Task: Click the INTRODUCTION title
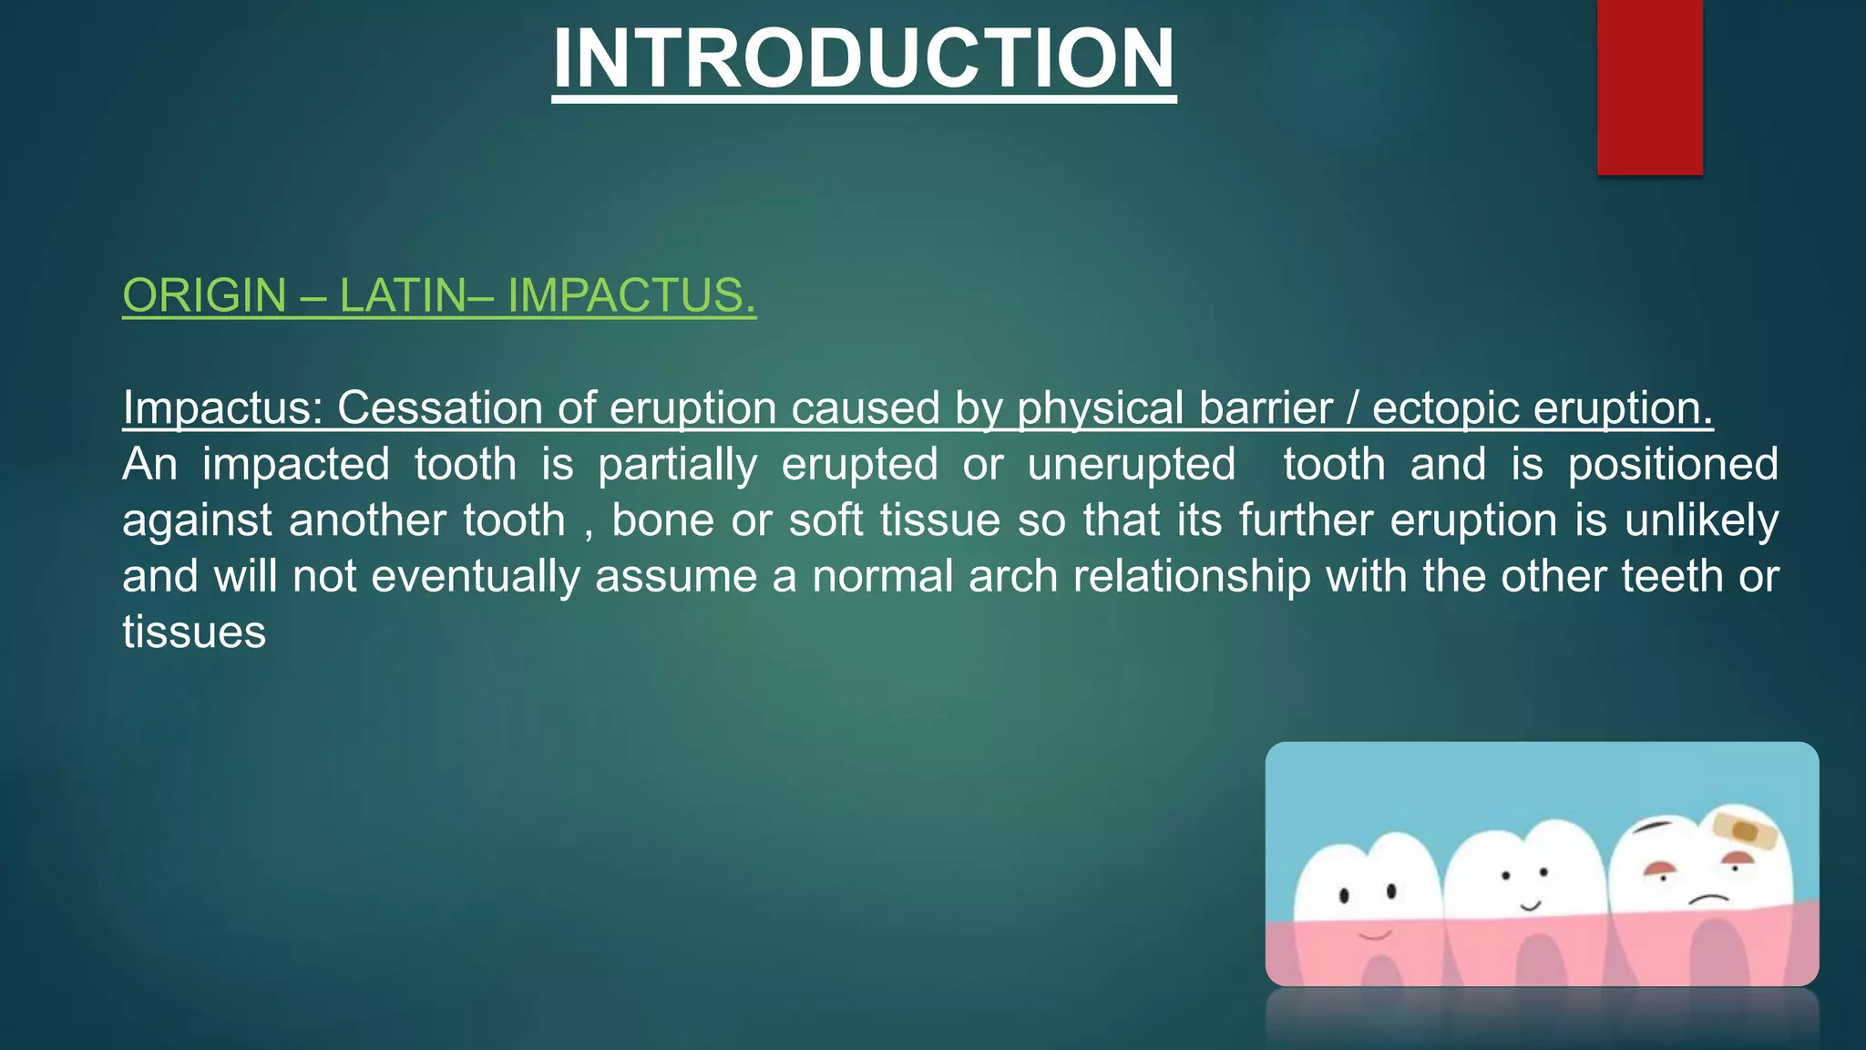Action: click(x=864, y=58)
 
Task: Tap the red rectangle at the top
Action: click(x=1649, y=87)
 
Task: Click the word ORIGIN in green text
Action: click(x=205, y=296)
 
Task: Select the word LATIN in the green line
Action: click(x=402, y=296)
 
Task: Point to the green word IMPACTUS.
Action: click(x=631, y=296)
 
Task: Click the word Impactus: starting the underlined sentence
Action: click(x=222, y=407)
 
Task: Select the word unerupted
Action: click(x=1131, y=464)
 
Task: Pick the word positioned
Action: click(x=1672, y=464)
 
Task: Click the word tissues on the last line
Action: click(x=194, y=633)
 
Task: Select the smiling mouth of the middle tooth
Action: click(x=1530, y=907)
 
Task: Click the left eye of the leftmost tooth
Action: click(x=1345, y=897)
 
